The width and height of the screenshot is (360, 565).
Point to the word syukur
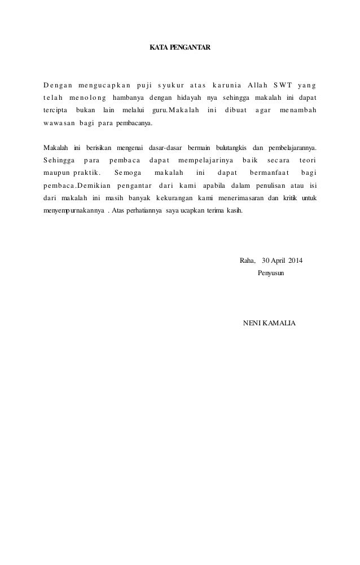click(174, 86)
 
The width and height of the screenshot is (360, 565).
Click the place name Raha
click(247, 261)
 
